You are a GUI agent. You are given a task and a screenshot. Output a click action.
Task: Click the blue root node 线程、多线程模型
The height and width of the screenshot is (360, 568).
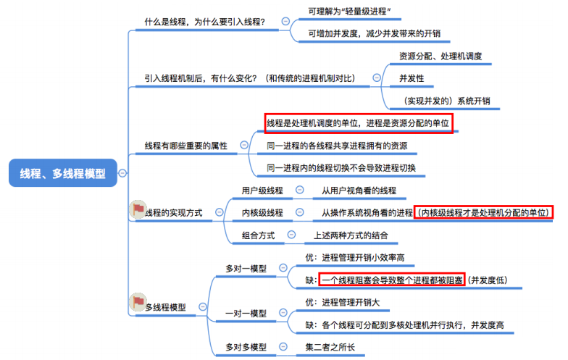point(63,173)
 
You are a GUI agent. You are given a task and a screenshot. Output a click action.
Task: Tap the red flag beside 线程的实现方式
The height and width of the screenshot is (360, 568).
point(137,211)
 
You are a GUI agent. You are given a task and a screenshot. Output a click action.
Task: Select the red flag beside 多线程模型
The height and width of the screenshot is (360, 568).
point(137,304)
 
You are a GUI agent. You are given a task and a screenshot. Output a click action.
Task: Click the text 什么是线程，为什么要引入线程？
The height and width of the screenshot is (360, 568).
point(205,22)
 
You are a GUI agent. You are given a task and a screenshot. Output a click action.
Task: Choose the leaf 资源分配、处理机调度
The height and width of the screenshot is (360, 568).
point(440,56)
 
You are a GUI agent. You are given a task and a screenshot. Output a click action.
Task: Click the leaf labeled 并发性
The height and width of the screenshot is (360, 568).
point(411,78)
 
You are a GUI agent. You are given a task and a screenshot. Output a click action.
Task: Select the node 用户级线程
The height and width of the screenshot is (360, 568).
point(263,191)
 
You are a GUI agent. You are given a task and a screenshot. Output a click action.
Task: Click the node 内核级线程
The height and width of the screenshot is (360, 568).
point(263,212)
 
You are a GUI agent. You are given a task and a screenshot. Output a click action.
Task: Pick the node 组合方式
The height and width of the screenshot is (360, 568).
point(259,235)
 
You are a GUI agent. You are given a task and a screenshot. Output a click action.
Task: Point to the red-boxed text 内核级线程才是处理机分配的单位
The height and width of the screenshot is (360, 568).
point(484,212)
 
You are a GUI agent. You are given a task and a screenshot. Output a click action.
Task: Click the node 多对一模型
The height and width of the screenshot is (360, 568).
point(246,267)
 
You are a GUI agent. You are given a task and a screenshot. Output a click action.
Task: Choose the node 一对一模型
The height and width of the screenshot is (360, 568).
point(246,314)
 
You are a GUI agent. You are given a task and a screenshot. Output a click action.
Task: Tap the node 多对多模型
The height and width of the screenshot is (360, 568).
point(246,347)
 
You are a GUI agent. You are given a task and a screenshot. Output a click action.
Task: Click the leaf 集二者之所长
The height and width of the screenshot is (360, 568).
point(330,347)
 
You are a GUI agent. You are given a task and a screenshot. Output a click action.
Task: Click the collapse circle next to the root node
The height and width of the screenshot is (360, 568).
point(122,173)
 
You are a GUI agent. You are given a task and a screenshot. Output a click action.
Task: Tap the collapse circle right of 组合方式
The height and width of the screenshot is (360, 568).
point(291,235)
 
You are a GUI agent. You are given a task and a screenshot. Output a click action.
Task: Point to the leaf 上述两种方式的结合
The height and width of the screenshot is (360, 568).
point(351,235)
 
